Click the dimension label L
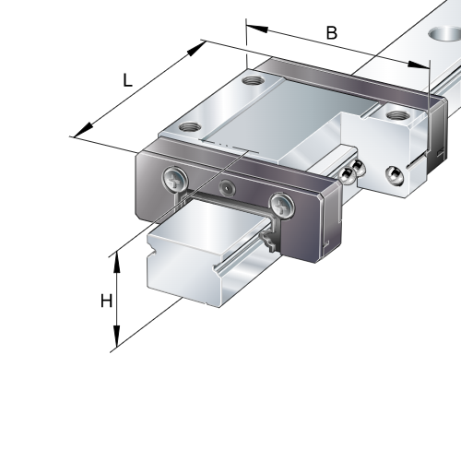point(128,80)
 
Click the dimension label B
point(332,33)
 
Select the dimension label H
point(106,301)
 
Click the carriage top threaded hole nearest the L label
point(190,125)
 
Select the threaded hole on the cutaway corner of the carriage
point(397,115)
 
